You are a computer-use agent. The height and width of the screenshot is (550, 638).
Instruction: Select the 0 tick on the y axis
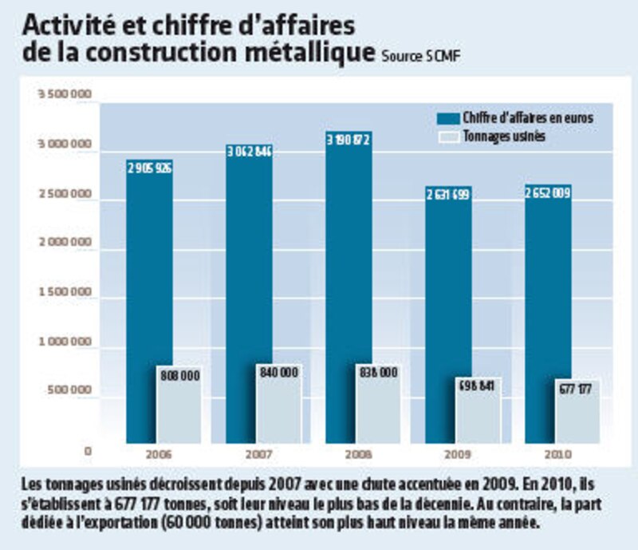pyautogui.click(x=89, y=451)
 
